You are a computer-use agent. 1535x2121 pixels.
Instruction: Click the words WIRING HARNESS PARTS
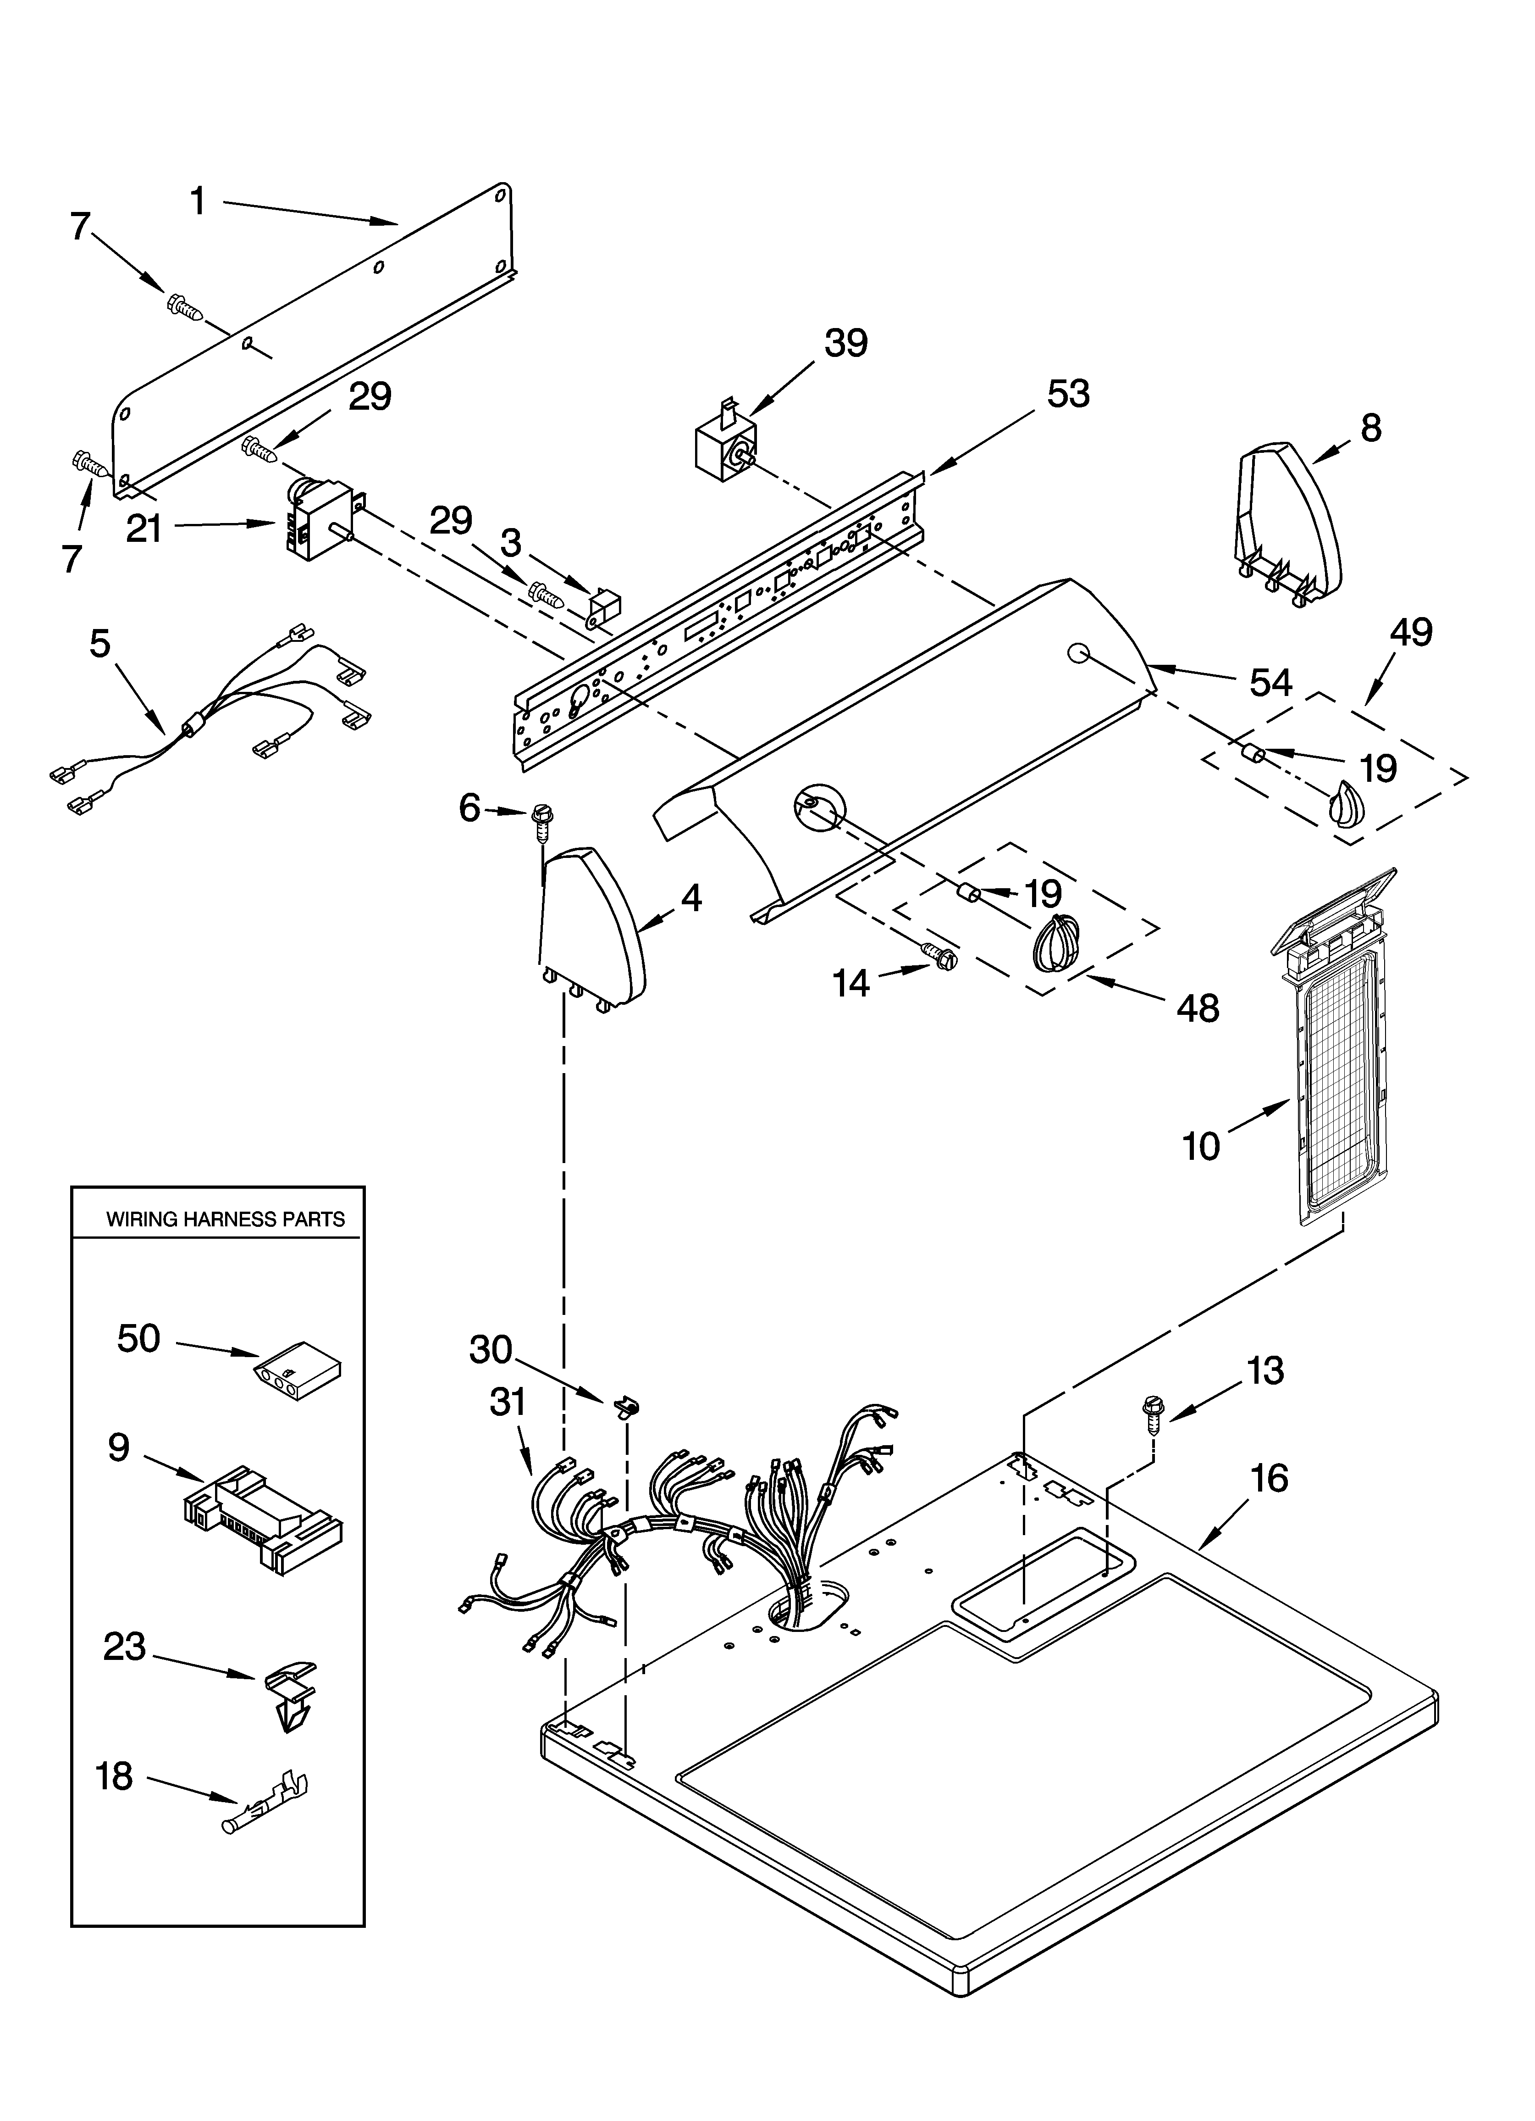pyautogui.click(x=225, y=1219)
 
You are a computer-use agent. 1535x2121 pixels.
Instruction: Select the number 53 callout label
pyautogui.click(x=1068, y=395)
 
